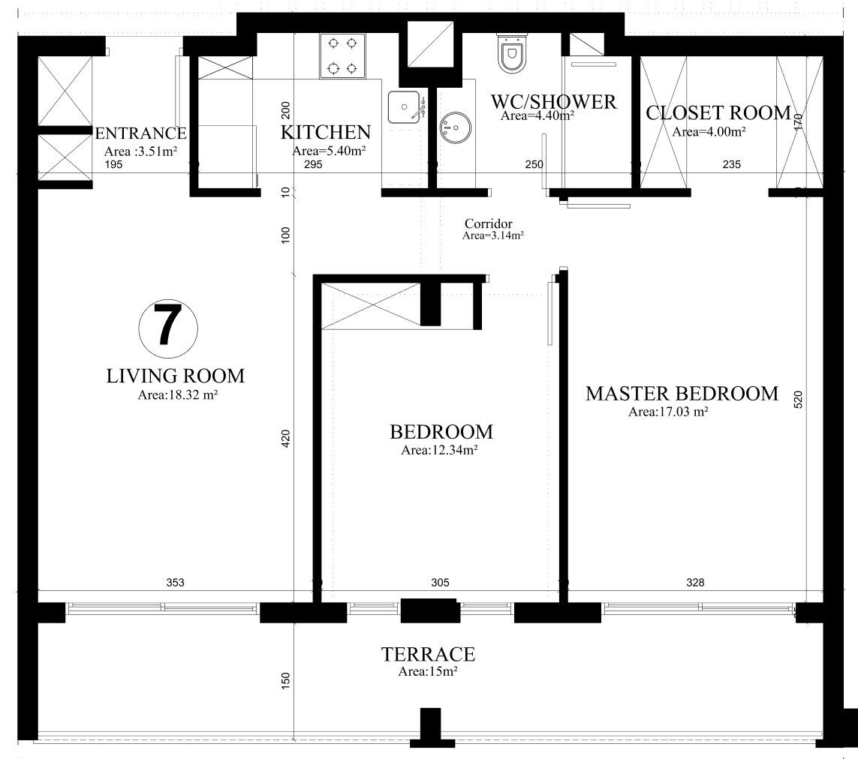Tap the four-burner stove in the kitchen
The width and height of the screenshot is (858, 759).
tap(342, 55)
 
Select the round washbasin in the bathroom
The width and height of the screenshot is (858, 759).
tap(455, 128)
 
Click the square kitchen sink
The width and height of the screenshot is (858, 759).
tap(404, 107)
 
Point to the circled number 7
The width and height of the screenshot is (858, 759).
tap(168, 328)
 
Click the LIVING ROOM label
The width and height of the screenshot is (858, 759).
tap(175, 376)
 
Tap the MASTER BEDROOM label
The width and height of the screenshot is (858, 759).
tap(682, 394)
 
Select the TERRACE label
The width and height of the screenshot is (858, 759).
tap(429, 654)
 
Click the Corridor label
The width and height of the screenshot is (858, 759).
tap(489, 223)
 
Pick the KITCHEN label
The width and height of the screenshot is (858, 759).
tap(326, 132)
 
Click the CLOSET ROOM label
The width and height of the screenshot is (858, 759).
tap(718, 112)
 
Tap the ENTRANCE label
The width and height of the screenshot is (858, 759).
tap(140, 133)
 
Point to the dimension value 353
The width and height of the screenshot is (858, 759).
tap(175, 582)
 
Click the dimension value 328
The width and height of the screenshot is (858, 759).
tap(695, 582)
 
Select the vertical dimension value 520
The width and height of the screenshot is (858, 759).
tap(798, 400)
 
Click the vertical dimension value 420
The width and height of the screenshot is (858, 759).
tap(286, 439)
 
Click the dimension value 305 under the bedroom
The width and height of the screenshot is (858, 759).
tap(440, 582)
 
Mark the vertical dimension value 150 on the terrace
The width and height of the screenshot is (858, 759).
tap(286, 680)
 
